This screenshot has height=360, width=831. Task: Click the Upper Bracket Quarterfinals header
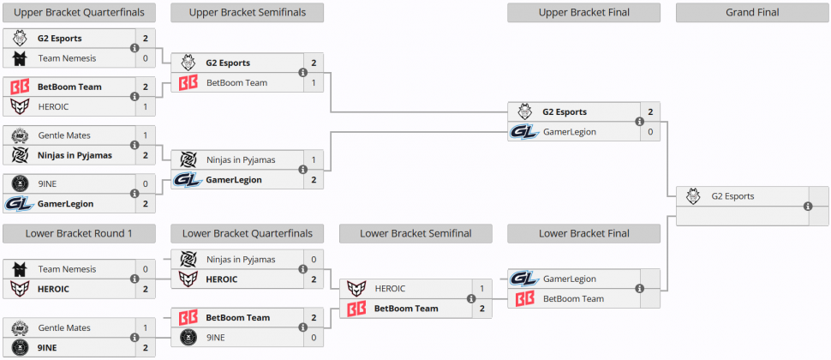click(79, 12)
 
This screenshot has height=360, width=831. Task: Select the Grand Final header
click(751, 12)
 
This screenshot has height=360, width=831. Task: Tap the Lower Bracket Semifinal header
click(415, 233)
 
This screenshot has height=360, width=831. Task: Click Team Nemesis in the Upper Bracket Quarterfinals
click(67, 58)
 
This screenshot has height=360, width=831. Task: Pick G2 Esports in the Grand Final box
click(732, 196)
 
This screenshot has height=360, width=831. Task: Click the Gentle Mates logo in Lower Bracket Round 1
click(19, 327)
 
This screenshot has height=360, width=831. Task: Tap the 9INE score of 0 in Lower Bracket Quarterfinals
click(314, 338)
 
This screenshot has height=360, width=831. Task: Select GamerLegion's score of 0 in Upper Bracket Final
click(650, 132)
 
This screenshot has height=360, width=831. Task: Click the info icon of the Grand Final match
click(808, 207)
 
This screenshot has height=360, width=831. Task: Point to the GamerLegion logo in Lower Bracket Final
click(524, 279)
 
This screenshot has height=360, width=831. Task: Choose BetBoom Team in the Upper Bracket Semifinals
click(236, 83)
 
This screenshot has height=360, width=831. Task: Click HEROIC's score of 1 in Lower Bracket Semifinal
click(481, 289)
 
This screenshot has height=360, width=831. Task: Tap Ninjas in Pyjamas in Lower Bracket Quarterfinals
click(241, 259)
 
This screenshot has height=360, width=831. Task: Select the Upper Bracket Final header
click(583, 12)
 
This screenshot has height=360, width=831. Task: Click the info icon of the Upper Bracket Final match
click(640, 122)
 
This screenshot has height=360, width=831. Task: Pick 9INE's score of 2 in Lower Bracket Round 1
click(145, 348)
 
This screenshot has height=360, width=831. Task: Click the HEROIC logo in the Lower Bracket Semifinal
click(356, 289)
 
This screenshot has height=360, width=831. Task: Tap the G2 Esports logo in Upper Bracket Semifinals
click(188, 63)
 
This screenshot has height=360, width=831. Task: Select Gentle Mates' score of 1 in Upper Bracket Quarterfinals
click(145, 135)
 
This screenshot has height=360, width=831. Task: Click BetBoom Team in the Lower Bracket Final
click(573, 299)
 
